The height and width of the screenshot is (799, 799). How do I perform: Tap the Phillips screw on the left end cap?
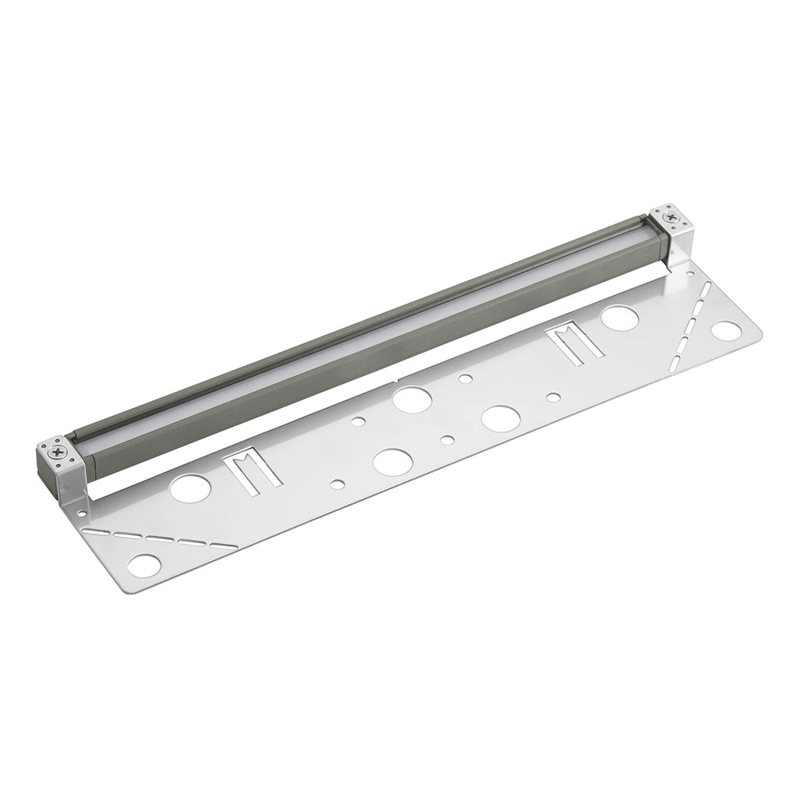pyautogui.click(x=58, y=450)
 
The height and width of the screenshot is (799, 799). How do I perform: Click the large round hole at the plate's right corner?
pyautogui.click(x=726, y=330)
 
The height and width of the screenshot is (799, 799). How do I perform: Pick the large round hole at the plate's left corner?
pyautogui.click(x=144, y=566)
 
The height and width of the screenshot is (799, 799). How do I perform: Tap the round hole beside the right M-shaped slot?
pyautogui.click(x=620, y=318)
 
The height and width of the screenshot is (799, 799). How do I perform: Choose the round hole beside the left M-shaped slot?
pyautogui.click(x=190, y=488)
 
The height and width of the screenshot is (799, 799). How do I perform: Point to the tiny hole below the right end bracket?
pyautogui.click(x=690, y=275)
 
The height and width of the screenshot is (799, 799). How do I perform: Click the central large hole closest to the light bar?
pyautogui.click(x=412, y=399)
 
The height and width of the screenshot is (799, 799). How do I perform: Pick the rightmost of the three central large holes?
pyautogui.click(x=500, y=418)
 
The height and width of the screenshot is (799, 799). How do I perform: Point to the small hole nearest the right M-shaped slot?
pyautogui.click(x=553, y=397)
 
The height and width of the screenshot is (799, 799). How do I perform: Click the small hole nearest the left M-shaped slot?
pyautogui.click(x=337, y=485)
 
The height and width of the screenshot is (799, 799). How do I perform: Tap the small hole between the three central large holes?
pyautogui.click(x=447, y=440)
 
